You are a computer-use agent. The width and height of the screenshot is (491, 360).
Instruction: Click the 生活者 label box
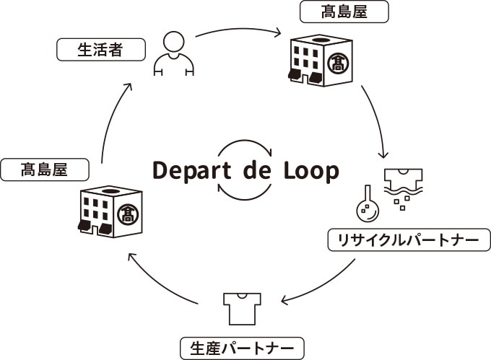point(100,51)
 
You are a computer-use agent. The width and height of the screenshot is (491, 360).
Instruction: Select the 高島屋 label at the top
point(344,12)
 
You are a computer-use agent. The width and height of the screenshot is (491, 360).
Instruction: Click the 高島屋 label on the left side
point(45,170)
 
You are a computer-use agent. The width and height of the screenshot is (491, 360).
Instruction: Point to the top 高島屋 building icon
point(321,61)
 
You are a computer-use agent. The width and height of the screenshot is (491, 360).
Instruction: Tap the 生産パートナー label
point(241,349)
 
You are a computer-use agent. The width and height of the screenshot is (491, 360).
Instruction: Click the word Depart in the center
point(191,171)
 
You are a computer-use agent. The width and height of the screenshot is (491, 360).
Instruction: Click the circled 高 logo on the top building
point(336,63)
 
